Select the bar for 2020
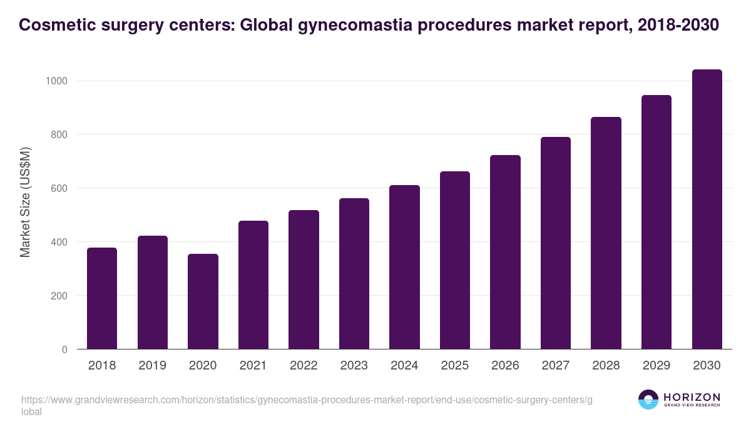[x=203, y=301]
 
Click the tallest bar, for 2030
[x=707, y=209]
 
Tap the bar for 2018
[x=102, y=298]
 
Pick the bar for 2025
[x=454, y=260]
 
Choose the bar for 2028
[x=606, y=233]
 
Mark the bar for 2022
[x=304, y=279]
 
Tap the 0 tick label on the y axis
[x=64, y=349]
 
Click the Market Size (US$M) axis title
[x=25, y=202]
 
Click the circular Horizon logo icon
[x=648, y=399]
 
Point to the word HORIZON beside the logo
[x=692, y=397]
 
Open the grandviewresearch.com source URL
[x=306, y=399]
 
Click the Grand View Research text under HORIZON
[x=692, y=406]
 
